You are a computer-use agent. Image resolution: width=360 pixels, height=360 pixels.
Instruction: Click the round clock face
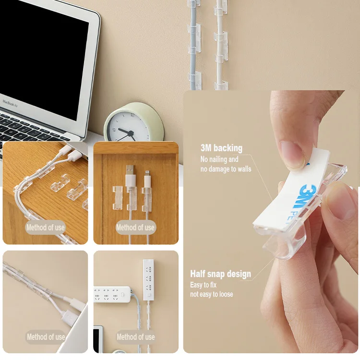[126, 127]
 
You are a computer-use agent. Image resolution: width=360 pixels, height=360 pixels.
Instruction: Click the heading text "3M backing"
[221, 148]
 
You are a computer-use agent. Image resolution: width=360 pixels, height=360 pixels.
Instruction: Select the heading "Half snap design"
[220, 274]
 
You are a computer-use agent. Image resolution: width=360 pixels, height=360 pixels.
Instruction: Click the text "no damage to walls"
[226, 169]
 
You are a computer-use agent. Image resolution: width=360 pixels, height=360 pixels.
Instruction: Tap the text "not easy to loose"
[211, 294]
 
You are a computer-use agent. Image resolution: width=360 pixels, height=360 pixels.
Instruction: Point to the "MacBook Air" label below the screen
[10, 103]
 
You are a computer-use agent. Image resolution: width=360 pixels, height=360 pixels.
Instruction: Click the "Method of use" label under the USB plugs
[135, 228]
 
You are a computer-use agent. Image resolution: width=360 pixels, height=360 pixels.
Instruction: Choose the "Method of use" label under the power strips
[135, 337]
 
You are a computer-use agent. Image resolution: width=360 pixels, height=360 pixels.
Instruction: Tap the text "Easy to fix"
[204, 285]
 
